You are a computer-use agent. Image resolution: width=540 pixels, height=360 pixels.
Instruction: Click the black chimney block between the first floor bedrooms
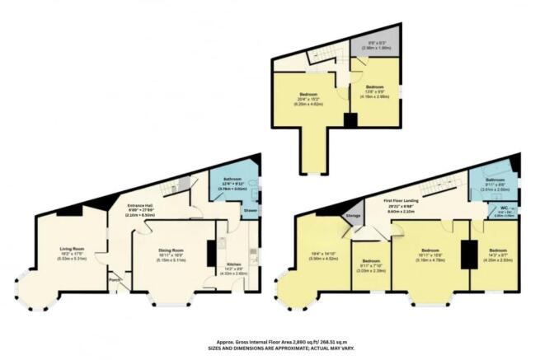pos(467,255)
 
